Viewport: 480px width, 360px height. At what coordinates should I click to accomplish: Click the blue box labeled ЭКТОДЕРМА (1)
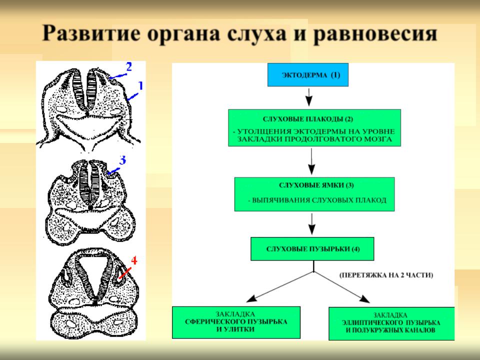(x=308, y=74)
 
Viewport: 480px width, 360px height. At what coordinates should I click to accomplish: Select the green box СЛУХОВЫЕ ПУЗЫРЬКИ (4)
(x=312, y=249)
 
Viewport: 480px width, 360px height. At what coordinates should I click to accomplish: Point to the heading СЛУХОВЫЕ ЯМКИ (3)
(x=316, y=185)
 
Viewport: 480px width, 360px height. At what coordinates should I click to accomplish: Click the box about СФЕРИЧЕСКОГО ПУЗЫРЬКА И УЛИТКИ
(x=236, y=322)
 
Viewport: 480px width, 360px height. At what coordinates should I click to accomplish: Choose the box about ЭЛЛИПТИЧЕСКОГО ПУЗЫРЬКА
(x=391, y=323)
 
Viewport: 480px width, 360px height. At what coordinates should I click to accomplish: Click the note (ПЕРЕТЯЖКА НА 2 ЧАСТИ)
(x=386, y=275)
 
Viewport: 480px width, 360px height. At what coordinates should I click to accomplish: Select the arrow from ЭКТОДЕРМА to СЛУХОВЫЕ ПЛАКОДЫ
(x=309, y=97)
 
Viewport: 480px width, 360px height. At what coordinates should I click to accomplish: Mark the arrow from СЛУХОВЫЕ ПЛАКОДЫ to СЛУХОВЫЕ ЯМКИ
(x=311, y=161)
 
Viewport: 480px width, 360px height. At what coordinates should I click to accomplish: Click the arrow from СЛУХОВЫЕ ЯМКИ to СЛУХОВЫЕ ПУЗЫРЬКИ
(x=311, y=224)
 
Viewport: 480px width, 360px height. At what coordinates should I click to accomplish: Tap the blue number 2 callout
(x=129, y=66)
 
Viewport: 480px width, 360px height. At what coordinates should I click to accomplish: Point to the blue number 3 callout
(x=122, y=160)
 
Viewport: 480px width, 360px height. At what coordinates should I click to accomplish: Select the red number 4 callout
(x=134, y=261)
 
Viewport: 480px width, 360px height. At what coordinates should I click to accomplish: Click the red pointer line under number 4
(x=125, y=273)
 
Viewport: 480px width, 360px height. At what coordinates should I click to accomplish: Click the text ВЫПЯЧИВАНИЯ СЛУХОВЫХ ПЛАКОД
(x=319, y=200)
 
